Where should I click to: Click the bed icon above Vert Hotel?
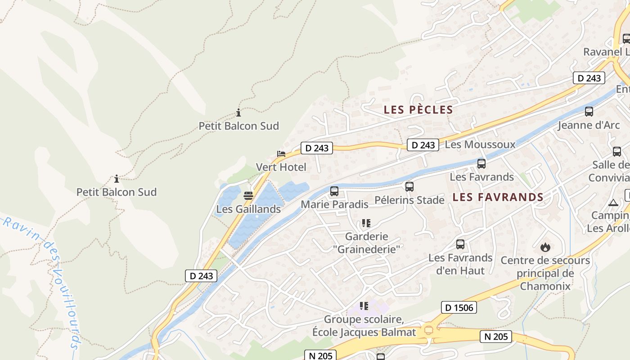tap(281, 154)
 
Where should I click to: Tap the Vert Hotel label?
tap(281, 167)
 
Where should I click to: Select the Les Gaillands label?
tap(248, 209)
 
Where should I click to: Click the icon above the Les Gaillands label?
tap(248, 196)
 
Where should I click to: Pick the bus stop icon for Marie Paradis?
tap(334, 191)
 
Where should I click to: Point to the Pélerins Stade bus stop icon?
tap(409, 186)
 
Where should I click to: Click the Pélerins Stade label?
tap(409, 200)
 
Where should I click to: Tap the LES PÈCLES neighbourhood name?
tap(418, 109)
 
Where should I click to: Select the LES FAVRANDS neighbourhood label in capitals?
tap(498, 197)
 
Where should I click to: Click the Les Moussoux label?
tap(480, 144)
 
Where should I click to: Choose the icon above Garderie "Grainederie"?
tap(365, 223)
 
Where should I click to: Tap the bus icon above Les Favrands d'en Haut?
tap(460, 244)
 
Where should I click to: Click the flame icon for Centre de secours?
tap(545, 247)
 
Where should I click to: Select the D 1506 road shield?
tap(459, 307)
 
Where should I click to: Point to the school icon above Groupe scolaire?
tap(364, 306)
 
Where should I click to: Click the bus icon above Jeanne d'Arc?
tap(589, 112)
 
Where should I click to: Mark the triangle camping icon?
tap(613, 202)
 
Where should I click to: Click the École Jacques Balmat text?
tap(364, 333)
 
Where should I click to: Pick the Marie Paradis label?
tap(334, 204)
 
